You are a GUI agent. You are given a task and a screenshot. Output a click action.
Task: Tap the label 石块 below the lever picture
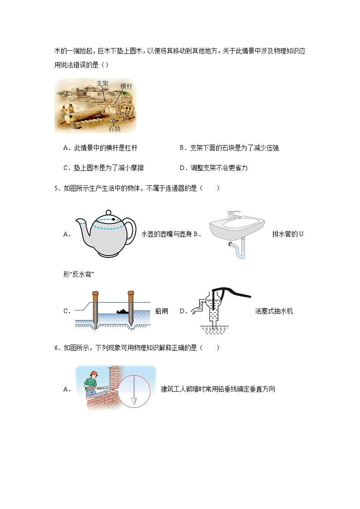tap(115, 129)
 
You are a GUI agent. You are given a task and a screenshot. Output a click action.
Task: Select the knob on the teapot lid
tap(108, 212)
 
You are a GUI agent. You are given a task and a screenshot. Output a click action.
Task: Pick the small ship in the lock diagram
tap(122, 311)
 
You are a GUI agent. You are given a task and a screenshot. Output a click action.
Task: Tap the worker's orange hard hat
tap(94, 374)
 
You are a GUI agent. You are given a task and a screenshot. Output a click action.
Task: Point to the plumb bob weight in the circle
tap(134, 401)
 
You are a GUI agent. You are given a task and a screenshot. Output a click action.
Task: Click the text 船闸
tap(161, 311)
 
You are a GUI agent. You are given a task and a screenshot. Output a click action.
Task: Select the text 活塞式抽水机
tap(274, 311)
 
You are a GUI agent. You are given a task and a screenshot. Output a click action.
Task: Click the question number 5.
tap(56, 189)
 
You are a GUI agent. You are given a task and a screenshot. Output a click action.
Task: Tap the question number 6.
tap(56, 348)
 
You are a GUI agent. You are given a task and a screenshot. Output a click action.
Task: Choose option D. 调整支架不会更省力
tap(214, 168)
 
